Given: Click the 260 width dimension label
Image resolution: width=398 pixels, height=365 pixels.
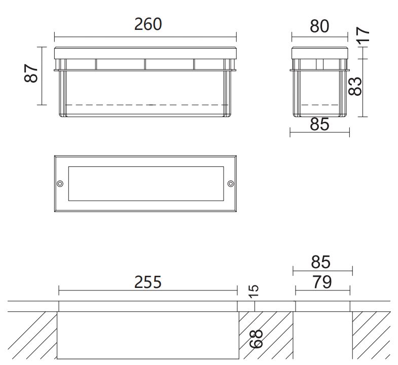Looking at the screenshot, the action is [x=148, y=24].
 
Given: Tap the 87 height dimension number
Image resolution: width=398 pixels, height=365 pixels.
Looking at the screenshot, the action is [x=31, y=74].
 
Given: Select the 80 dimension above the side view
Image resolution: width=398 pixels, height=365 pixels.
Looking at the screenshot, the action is [x=319, y=26].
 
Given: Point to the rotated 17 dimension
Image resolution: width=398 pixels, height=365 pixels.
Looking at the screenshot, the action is [x=363, y=35].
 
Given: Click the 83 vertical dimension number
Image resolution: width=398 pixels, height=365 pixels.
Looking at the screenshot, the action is [x=355, y=86].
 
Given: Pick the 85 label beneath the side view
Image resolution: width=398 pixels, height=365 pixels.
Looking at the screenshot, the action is [x=319, y=124].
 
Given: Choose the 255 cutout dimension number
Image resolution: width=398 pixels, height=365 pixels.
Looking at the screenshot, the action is [x=148, y=282].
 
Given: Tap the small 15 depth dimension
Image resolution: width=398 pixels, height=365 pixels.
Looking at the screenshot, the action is [x=254, y=291].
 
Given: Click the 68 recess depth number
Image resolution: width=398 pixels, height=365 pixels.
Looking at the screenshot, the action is [x=256, y=339].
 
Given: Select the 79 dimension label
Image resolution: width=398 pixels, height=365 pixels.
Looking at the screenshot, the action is [x=322, y=282].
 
